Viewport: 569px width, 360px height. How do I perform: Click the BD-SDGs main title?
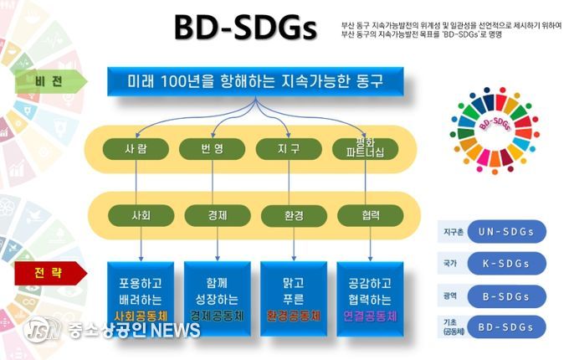245,28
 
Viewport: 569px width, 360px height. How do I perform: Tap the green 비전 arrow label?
49,80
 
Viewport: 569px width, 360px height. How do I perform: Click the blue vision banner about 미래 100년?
254,82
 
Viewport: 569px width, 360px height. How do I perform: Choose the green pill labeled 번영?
212,149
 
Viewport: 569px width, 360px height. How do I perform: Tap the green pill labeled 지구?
289,149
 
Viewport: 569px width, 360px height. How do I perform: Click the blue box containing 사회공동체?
141,296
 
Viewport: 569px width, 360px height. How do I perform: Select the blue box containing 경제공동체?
217,296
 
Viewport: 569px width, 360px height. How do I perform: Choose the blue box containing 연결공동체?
370,296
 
